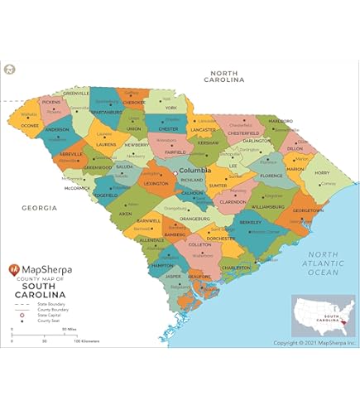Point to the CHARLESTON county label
pyautogui.click(x=236, y=268)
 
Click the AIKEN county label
pyautogui.click(x=126, y=214)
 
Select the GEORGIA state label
pyautogui.click(x=39, y=207)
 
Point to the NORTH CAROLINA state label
pyautogui.click(x=225, y=77)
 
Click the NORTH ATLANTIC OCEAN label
pyautogui.click(x=323, y=263)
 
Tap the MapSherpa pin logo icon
pyautogui.click(x=14, y=269)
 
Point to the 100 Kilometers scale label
pyautogui.click(x=88, y=340)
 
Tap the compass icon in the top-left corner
pyautogui.click(x=10, y=70)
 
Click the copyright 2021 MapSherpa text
pyautogui.click(x=314, y=342)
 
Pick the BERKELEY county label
pyautogui.click(x=251, y=223)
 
